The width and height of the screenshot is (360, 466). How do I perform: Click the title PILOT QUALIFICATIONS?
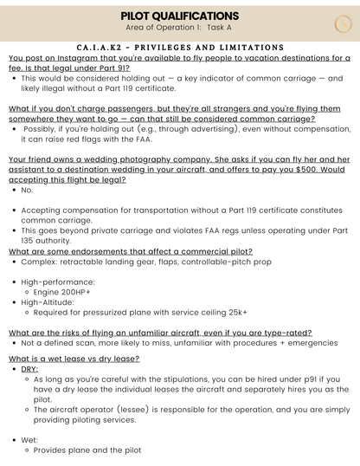click(x=180, y=16)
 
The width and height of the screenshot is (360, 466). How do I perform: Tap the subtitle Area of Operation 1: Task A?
click(x=180, y=28)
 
